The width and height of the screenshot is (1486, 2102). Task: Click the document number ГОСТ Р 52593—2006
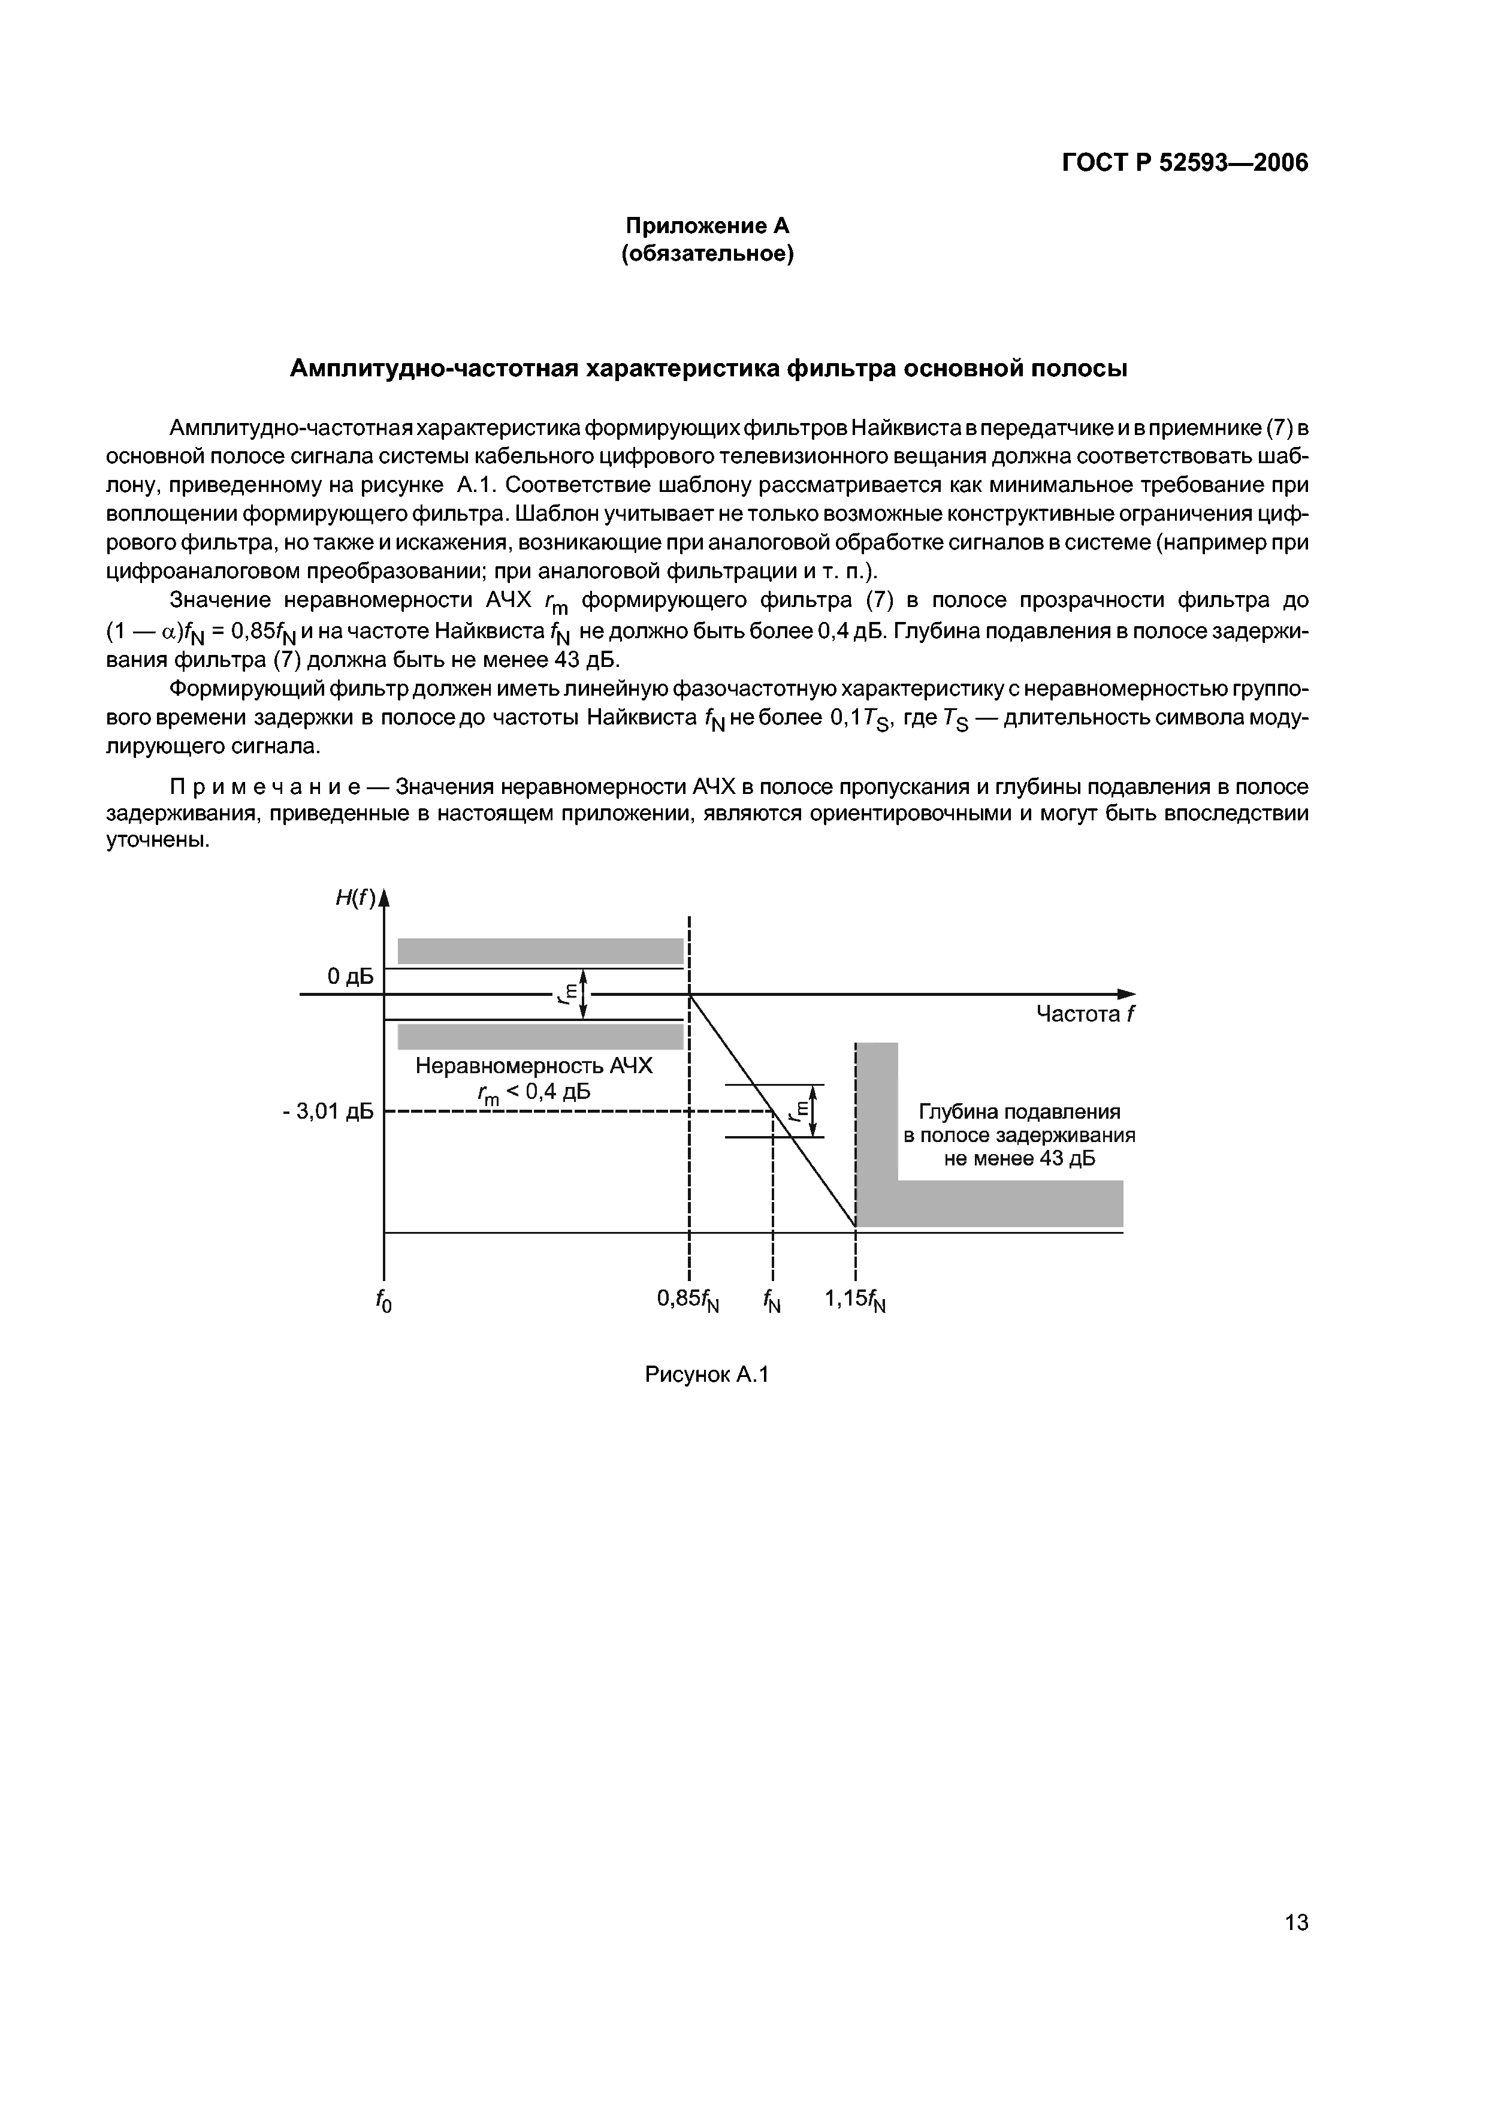(1185, 163)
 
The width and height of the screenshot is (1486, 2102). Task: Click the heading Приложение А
(707, 225)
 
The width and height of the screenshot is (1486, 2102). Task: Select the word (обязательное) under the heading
(707, 253)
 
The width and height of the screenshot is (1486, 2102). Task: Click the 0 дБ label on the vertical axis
(350, 977)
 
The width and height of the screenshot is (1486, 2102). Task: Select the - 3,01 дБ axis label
(328, 1112)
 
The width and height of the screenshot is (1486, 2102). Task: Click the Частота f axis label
(1084, 1014)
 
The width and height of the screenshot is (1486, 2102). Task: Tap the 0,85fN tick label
(688, 1300)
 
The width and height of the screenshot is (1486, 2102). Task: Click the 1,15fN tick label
(855, 1300)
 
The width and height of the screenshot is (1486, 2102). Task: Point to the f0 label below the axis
(383, 1301)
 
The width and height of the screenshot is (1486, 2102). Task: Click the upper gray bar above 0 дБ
(540, 951)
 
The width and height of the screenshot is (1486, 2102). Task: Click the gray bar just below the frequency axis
(540, 1037)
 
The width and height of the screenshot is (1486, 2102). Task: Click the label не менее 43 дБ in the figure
(1019, 1159)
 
